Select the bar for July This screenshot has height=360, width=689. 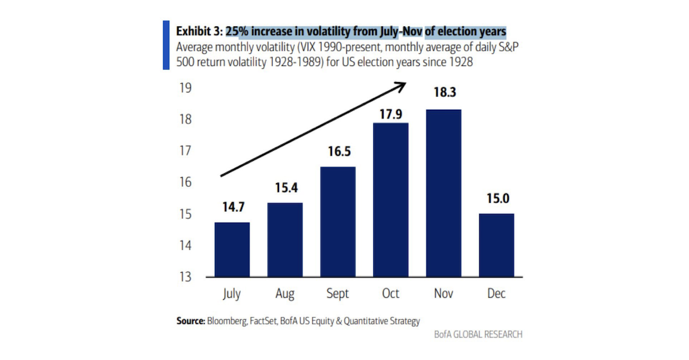(232, 250)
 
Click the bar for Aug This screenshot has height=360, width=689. (285, 240)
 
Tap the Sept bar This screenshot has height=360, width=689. (338, 222)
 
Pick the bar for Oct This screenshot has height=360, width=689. (390, 200)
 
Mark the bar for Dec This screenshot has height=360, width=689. (496, 245)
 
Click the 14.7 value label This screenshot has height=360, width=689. (232, 208)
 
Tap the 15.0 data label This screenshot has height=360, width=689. (497, 200)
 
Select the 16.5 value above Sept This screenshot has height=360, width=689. (338, 153)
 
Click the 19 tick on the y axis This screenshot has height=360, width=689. (185, 88)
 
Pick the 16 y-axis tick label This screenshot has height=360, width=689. (185, 183)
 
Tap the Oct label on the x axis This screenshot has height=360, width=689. (390, 294)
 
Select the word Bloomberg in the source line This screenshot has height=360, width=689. (224, 321)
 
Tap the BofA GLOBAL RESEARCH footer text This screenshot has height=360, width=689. (478, 334)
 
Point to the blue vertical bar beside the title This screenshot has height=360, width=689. (167, 45)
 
